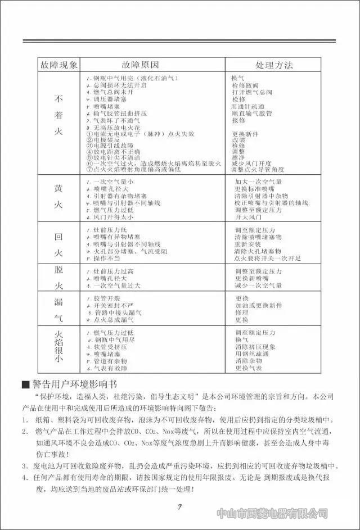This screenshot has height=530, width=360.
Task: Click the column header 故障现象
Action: point(58,65)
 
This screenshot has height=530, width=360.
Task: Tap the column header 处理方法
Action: point(274,65)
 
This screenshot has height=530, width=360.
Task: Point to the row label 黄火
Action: point(58,196)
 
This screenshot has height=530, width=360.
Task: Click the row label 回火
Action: point(58,243)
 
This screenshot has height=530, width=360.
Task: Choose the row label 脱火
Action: point(58,278)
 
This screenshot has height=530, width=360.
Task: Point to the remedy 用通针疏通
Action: point(247,106)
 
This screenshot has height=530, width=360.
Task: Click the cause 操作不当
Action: point(106,258)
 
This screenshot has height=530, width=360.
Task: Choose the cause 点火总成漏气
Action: point(113,319)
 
